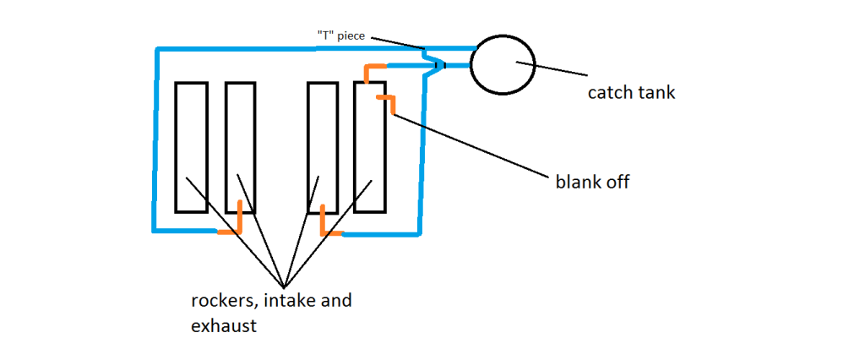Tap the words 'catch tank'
click(631, 93)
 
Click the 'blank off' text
click(591, 182)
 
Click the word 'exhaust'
click(224, 325)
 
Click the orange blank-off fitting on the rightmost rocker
click(386, 102)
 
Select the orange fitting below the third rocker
click(328, 224)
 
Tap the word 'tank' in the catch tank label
click(656, 93)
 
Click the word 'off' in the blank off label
click(615, 182)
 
